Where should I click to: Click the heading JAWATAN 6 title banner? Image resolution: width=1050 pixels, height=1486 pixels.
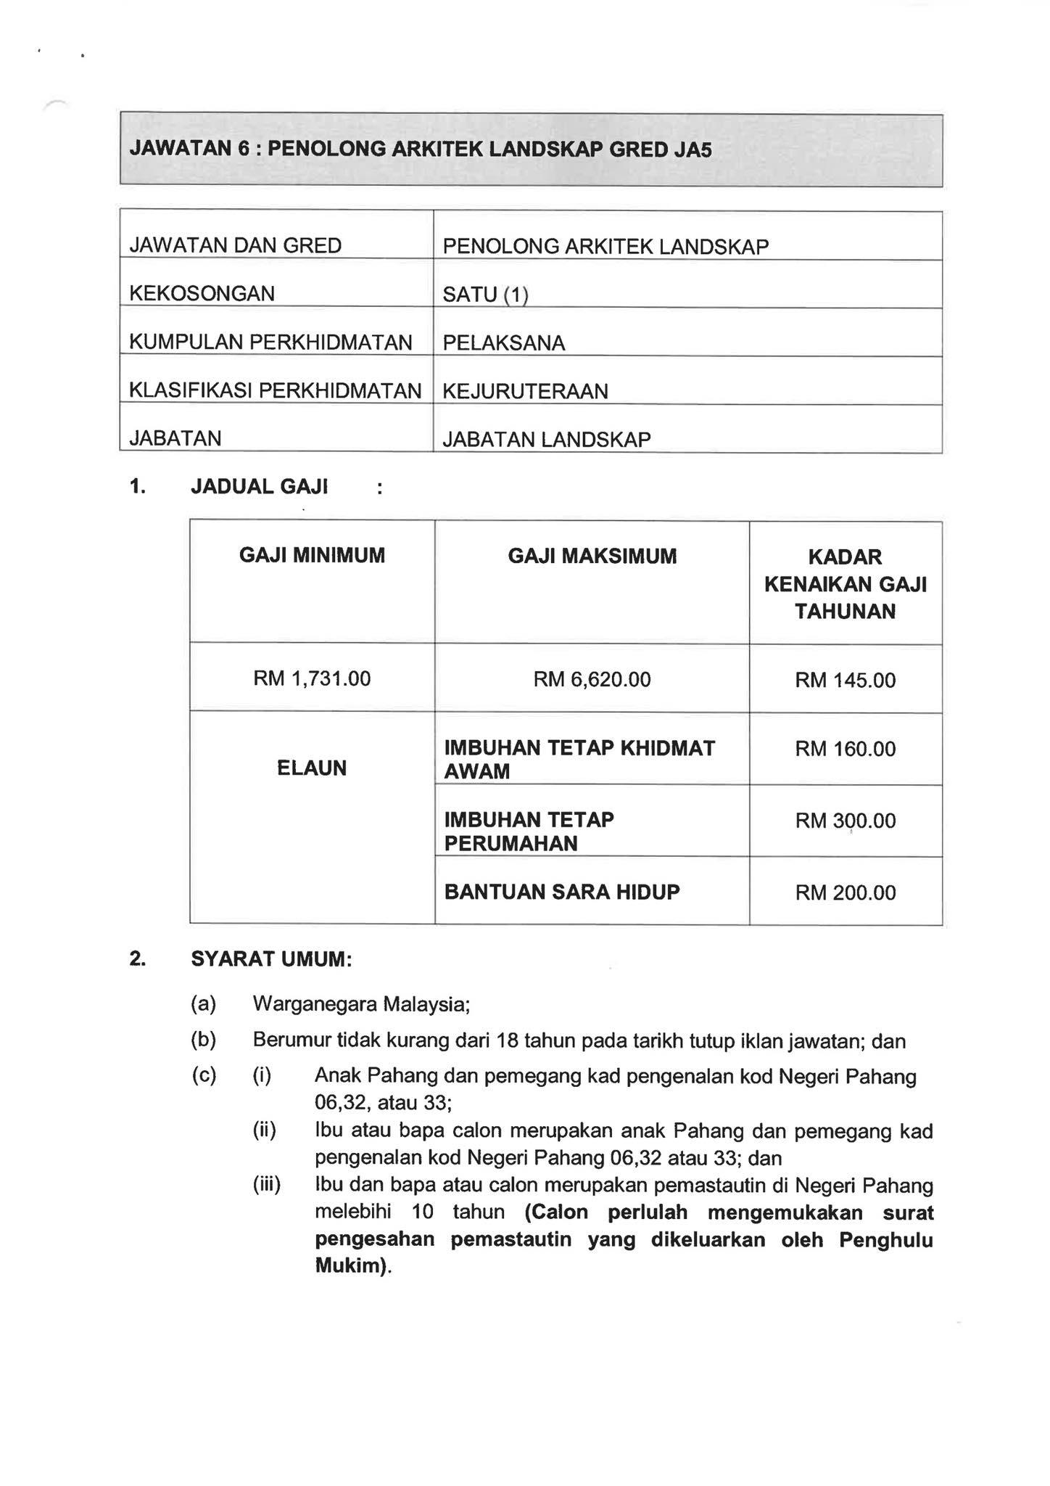[x=421, y=149]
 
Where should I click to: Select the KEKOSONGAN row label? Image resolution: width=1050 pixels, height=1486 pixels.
[x=202, y=294]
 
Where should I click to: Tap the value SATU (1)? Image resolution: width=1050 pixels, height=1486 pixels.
[x=485, y=295]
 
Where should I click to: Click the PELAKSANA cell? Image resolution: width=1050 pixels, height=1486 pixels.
[x=503, y=343]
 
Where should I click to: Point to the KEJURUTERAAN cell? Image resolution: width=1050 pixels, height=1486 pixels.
[x=525, y=392]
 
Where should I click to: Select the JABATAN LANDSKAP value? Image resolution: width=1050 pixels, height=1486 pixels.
[x=546, y=440]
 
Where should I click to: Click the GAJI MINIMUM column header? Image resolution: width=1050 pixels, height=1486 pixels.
[x=312, y=557]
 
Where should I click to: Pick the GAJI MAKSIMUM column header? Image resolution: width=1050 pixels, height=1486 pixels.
[x=592, y=557]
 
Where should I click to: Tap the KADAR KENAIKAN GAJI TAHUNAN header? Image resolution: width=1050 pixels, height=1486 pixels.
[x=846, y=584]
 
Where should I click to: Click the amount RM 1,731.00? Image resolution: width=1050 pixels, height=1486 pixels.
[x=312, y=679]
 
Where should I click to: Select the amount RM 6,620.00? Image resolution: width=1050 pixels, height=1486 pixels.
[x=592, y=680]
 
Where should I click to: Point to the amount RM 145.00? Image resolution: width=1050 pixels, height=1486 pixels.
[x=846, y=681]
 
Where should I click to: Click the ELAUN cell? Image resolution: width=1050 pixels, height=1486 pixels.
[x=312, y=768]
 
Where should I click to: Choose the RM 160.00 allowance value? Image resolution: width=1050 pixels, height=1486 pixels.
[x=846, y=750]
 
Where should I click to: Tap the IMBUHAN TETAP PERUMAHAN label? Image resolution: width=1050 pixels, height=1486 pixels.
[x=529, y=832]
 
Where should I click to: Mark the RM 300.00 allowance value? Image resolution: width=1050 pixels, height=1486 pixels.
[x=846, y=821]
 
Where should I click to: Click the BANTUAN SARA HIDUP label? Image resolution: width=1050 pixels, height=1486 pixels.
[x=562, y=892]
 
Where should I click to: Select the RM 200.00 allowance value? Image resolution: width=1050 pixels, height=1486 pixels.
[x=846, y=893]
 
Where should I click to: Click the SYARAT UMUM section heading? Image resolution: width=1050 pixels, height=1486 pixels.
[x=271, y=960]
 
